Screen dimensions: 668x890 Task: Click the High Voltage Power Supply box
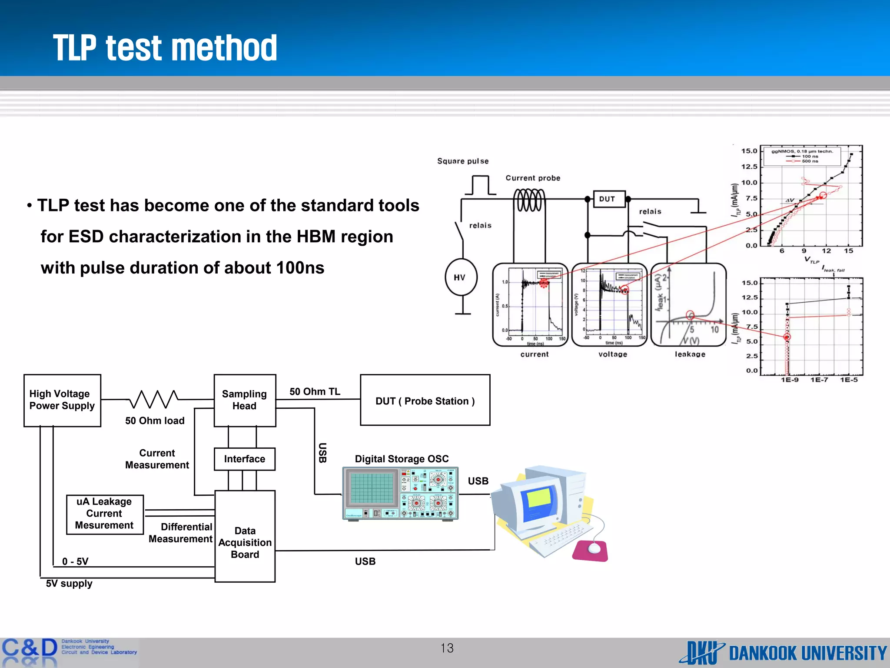click(x=62, y=400)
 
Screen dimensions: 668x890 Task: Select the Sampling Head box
click(x=245, y=400)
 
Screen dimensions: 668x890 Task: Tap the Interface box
click(x=245, y=459)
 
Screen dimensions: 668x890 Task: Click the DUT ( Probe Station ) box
click(x=425, y=401)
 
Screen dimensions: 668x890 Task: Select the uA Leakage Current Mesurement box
click(x=104, y=514)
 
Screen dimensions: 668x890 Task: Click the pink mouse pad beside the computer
click(x=591, y=550)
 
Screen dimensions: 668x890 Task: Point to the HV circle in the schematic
click(x=461, y=277)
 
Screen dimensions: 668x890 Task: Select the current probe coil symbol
click(x=529, y=200)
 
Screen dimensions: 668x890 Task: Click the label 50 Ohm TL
click(x=315, y=391)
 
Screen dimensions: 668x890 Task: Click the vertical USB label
click(x=322, y=453)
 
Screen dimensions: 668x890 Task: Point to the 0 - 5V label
click(x=75, y=561)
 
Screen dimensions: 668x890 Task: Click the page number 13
click(x=447, y=648)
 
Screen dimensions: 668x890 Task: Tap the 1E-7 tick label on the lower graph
click(x=819, y=380)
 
